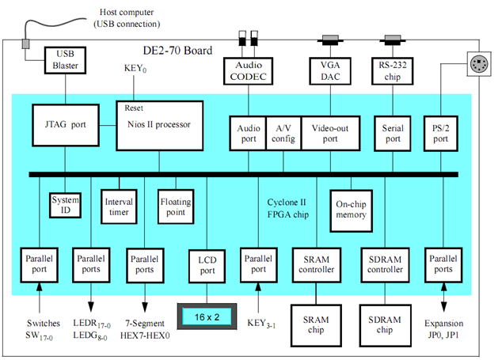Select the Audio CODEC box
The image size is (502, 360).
248,69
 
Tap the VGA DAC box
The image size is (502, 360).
329,69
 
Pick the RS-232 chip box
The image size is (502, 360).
393,69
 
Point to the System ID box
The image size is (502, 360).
65,204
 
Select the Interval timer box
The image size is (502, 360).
118,207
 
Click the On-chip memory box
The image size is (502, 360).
351,207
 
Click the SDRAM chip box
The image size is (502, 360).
386,323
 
